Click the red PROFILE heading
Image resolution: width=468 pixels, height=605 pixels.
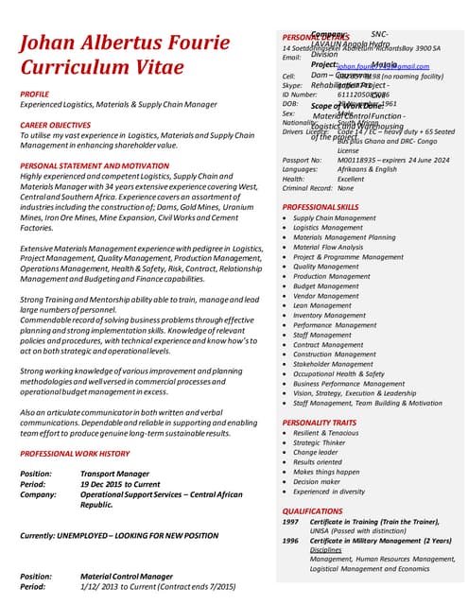pos(35,95)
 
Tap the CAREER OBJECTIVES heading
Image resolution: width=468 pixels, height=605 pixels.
pos(60,125)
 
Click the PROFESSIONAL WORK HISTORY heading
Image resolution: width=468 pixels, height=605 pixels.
pos(80,455)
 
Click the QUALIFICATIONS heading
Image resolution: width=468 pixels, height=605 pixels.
pos(312,510)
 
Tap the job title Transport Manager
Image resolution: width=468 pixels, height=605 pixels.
pos(114,474)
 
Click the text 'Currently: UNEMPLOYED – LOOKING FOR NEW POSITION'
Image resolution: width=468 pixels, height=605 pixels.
pos(119,536)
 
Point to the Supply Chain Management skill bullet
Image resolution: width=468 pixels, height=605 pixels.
pos(334,218)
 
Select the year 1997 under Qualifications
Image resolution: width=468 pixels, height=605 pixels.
pos(291,522)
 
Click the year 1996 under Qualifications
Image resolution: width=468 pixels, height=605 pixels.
pos(291,541)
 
